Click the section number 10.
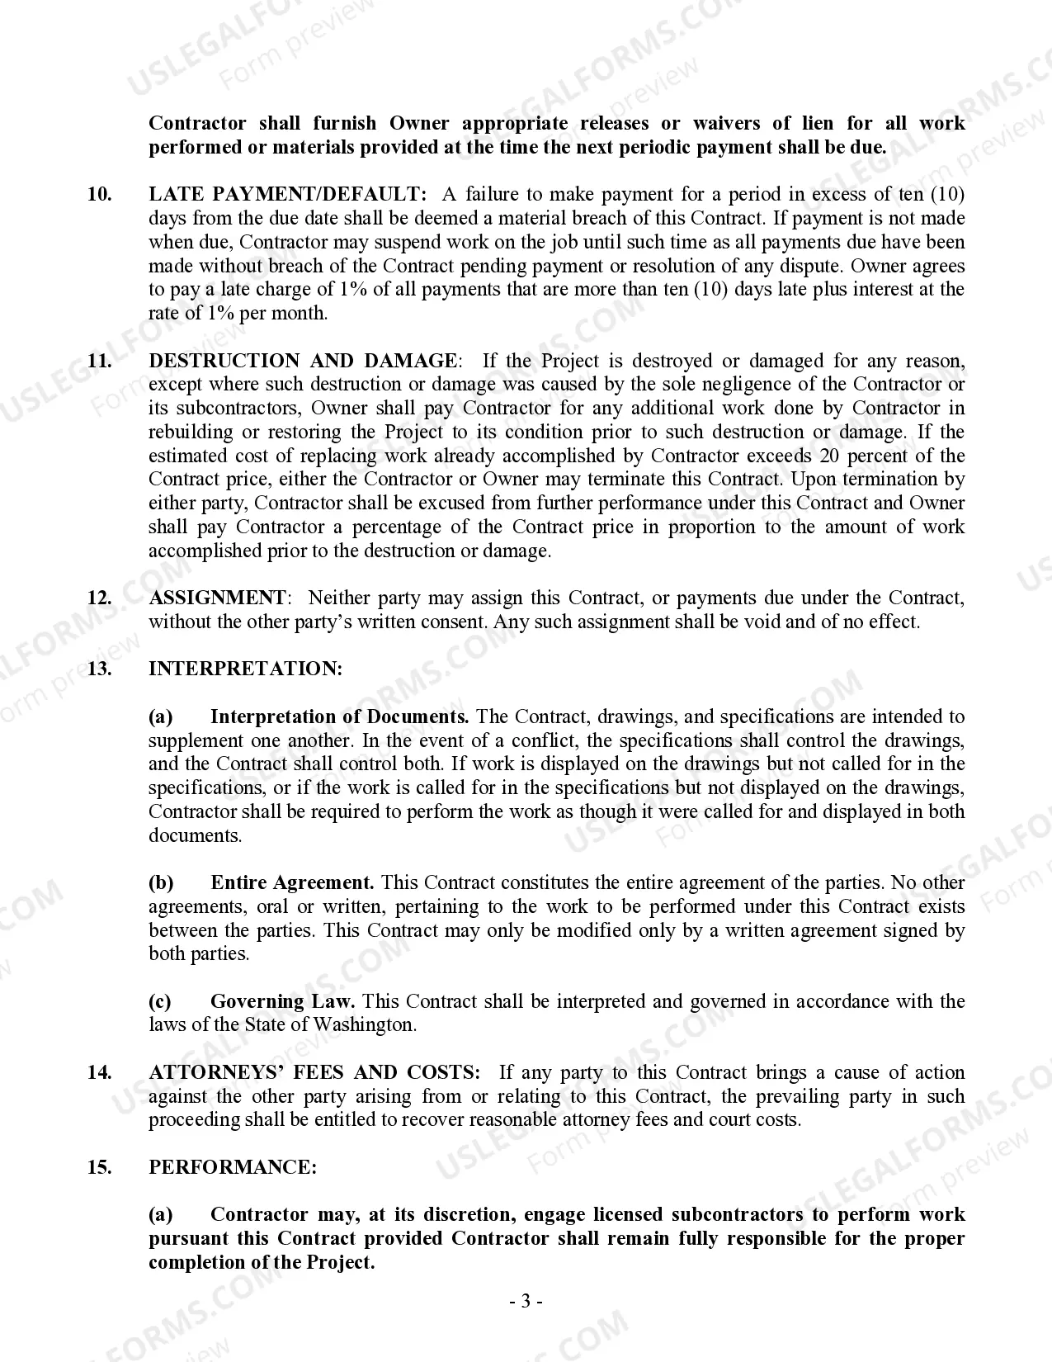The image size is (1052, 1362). [x=99, y=195]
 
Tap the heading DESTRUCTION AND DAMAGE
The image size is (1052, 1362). [x=302, y=361]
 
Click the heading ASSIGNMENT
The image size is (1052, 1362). [x=217, y=598]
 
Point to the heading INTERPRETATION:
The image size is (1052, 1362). [x=245, y=669]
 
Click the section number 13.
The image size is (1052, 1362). [x=99, y=669]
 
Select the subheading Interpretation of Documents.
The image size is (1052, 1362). [x=339, y=717]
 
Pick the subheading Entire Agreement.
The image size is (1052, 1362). [x=292, y=883]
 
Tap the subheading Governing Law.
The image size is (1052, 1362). [x=282, y=1002]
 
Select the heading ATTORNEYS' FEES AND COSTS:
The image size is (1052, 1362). [x=314, y=1073]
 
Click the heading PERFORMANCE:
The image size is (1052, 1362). [x=232, y=1168]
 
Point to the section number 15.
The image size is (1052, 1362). [x=99, y=1168]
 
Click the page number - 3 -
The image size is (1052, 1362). [x=526, y=1303]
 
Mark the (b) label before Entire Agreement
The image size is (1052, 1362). [x=161, y=883]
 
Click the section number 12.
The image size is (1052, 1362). [x=99, y=598]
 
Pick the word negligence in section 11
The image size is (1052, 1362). [x=741, y=385]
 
